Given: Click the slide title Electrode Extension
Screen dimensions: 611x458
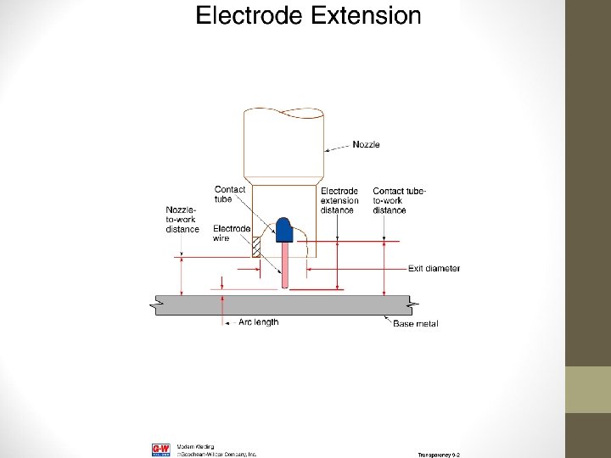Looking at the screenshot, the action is click(x=308, y=15).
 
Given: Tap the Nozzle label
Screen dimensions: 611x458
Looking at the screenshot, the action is click(x=366, y=145).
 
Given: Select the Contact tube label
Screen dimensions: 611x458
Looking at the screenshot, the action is click(x=229, y=194).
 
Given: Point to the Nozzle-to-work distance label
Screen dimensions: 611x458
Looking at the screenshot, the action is click(x=182, y=218).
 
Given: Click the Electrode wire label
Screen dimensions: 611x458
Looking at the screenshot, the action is click(x=231, y=233).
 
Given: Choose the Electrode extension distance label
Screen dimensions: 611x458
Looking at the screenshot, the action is click(x=339, y=201).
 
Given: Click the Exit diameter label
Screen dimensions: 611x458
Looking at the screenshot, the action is click(x=434, y=269).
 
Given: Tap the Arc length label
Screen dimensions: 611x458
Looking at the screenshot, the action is click(x=258, y=322).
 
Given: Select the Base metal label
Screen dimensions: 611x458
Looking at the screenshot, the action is click(x=415, y=324).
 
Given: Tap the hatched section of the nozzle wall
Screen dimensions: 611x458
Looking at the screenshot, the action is click(x=256, y=246).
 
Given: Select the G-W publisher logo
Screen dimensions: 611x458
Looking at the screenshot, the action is click(x=160, y=450).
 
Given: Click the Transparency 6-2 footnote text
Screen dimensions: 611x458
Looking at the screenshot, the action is click(x=438, y=455).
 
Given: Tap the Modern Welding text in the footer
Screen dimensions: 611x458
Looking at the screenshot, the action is click(x=195, y=446).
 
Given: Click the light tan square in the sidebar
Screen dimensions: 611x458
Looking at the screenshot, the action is click(x=588, y=389).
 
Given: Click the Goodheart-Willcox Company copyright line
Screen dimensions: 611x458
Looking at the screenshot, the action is click(x=216, y=454).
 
